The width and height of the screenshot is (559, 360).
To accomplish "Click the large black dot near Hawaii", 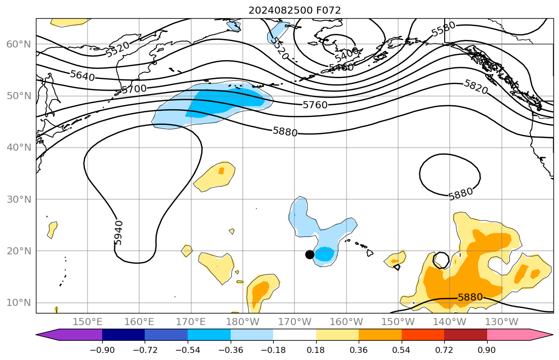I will click(x=310, y=254).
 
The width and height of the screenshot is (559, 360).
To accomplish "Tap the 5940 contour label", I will click(x=118, y=233).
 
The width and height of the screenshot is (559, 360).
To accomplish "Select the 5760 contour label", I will click(x=315, y=105).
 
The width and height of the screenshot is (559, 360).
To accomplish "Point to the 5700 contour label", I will click(x=134, y=89).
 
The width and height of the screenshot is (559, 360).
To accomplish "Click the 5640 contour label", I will click(x=82, y=75).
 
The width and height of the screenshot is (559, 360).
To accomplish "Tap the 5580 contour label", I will click(x=443, y=29).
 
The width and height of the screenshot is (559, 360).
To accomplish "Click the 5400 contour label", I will click(x=347, y=53).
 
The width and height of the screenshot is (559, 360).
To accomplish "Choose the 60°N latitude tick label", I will click(x=18, y=44).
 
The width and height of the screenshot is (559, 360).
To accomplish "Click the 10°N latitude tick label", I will click(x=18, y=302).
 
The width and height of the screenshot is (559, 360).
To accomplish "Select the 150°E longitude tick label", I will click(x=88, y=322).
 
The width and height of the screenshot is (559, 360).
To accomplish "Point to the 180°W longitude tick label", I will click(x=243, y=322).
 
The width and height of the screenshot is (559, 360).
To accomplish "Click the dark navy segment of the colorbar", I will click(x=123, y=335).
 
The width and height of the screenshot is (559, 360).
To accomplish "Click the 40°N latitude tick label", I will click(x=18, y=148).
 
